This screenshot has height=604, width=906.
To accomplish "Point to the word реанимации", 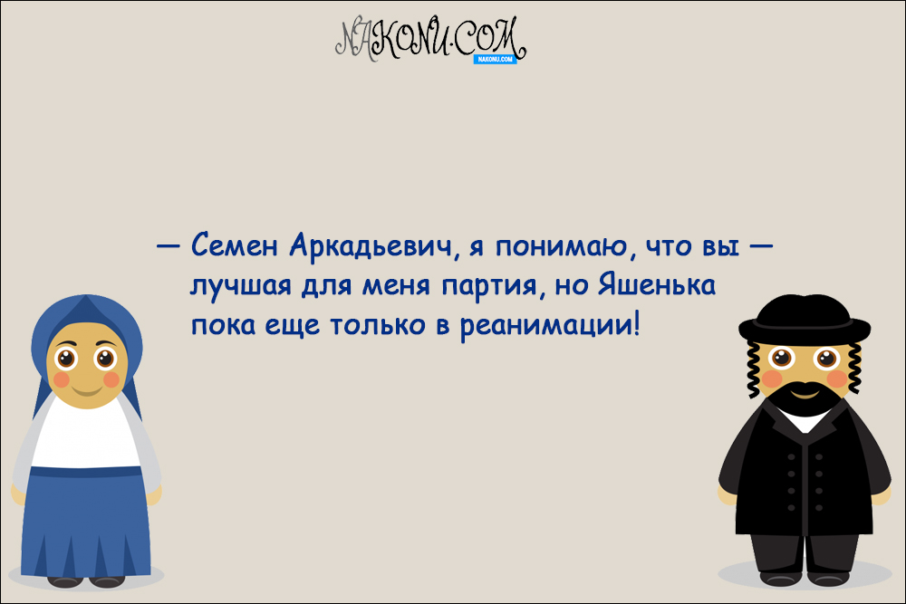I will click(x=545, y=324).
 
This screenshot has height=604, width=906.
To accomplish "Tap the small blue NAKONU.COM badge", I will click(x=495, y=59).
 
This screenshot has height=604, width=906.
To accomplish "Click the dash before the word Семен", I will click(x=168, y=246).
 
